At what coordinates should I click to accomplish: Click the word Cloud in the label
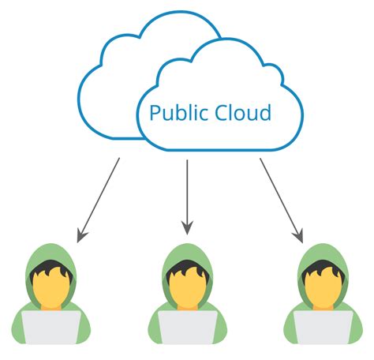tap(243, 112)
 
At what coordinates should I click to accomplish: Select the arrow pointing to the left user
tap(99, 200)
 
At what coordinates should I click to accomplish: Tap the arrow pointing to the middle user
tap(187, 197)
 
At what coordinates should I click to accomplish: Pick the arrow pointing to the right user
tap(282, 201)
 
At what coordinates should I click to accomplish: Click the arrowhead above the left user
tap(81, 236)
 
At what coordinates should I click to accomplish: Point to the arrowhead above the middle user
tap(187, 228)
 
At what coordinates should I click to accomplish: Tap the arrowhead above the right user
tap(299, 236)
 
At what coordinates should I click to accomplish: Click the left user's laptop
tap(51, 327)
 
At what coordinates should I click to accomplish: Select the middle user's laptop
tap(187, 327)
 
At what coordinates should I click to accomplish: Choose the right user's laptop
tap(324, 327)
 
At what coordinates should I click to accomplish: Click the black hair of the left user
tap(50, 268)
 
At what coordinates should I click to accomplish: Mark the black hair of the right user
tap(322, 268)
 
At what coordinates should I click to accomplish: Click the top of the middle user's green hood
tap(187, 247)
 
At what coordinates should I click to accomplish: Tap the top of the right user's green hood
tap(324, 247)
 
